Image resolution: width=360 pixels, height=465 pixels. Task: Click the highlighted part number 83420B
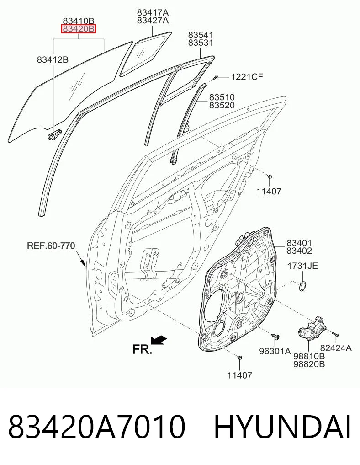[79, 29]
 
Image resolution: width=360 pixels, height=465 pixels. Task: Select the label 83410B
[79, 21]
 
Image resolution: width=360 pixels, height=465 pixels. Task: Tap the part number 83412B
[53, 59]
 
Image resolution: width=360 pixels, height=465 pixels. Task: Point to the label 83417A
[153, 12]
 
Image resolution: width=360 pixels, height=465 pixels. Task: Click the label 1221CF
[247, 77]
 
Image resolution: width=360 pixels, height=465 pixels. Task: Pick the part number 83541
[201, 35]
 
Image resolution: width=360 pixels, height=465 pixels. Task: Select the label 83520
[222, 105]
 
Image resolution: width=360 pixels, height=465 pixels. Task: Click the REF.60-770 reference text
[51, 246]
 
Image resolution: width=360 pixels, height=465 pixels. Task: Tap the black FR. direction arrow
[159, 340]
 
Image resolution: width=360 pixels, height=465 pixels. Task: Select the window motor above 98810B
[312, 329]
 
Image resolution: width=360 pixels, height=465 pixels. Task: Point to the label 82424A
[336, 348]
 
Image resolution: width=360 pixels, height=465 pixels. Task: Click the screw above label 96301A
[275, 337]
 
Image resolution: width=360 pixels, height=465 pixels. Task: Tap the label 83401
[299, 243]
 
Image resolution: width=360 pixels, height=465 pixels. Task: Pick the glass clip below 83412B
[53, 134]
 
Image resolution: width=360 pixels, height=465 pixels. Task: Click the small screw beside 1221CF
[216, 77]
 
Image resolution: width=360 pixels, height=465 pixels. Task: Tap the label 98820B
[309, 364]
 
